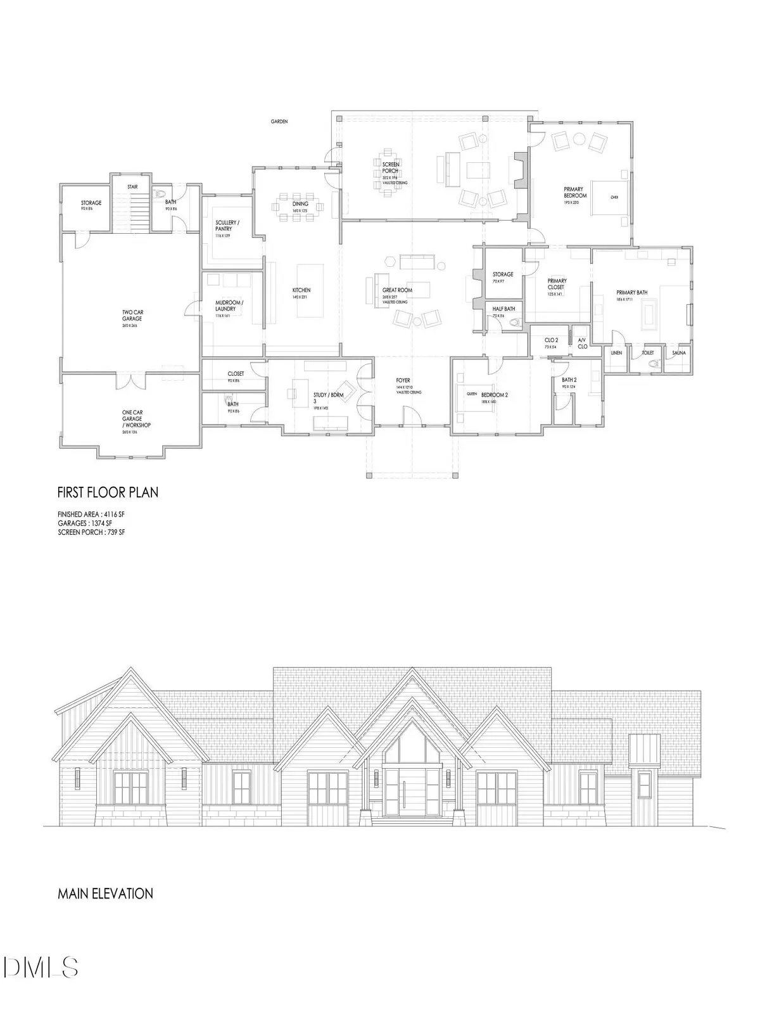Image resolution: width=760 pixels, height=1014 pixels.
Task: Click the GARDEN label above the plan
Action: pyautogui.click(x=279, y=121)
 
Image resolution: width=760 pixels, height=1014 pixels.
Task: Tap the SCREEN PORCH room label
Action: pyautogui.click(x=390, y=169)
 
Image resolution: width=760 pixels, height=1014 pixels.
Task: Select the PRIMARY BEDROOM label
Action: pyautogui.click(x=575, y=192)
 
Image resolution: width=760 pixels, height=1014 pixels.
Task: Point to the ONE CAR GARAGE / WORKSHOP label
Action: pyautogui.click(x=137, y=418)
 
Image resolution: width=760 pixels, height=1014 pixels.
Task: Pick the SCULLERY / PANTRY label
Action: pyautogui.click(x=225, y=225)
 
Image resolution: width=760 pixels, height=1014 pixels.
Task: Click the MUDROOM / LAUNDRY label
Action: pyautogui.click(x=229, y=305)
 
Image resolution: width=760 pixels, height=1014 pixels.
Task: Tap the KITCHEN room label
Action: pyautogui.click(x=301, y=290)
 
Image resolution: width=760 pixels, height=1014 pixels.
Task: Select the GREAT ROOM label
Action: pyautogui.click(x=397, y=290)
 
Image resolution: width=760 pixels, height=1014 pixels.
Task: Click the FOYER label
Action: pyautogui.click(x=403, y=381)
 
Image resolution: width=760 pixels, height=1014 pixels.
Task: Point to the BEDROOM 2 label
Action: pyautogui.click(x=495, y=394)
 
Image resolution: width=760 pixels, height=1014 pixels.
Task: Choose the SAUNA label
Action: pyautogui.click(x=678, y=352)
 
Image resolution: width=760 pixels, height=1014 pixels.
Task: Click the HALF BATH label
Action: pyautogui.click(x=503, y=309)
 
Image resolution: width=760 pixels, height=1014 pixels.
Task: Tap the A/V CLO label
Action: pyautogui.click(x=582, y=343)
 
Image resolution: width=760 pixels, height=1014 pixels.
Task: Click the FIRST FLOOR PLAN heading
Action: pyautogui.click(x=108, y=492)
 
